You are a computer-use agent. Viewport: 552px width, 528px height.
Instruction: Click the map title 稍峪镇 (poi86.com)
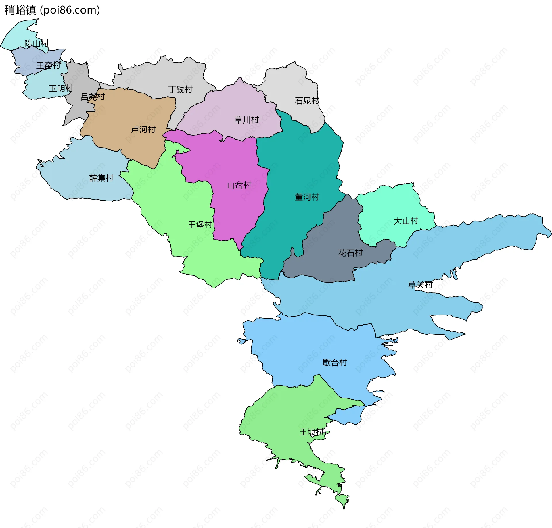pyautogui.click(x=52, y=10)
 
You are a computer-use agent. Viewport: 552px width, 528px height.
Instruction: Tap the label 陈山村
pyautogui.click(x=37, y=43)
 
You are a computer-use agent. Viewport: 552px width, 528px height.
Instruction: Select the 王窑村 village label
pyautogui.click(x=48, y=65)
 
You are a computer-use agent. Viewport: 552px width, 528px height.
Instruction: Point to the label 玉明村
pyautogui.click(x=61, y=88)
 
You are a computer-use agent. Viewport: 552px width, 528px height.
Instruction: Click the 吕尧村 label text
pyautogui.click(x=93, y=97)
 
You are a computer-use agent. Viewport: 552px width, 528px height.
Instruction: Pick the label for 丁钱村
pyautogui.click(x=180, y=89)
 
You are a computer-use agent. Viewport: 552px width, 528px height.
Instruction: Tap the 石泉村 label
pyautogui.click(x=307, y=101)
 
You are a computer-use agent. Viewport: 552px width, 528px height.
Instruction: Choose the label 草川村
pyautogui.click(x=247, y=120)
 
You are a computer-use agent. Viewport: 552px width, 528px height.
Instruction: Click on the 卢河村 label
pyautogui.click(x=143, y=130)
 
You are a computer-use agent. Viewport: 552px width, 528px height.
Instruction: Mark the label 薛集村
pyautogui.click(x=101, y=178)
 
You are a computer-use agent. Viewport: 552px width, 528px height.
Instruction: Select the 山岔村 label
pyautogui.click(x=239, y=185)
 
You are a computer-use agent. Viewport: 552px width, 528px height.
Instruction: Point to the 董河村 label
pyautogui.click(x=307, y=197)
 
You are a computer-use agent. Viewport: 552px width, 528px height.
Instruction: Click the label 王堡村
pyautogui.click(x=200, y=225)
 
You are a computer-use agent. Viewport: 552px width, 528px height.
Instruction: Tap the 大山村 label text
pyautogui.click(x=406, y=221)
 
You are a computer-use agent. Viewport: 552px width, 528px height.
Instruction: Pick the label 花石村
pyautogui.click(x=350, y=253)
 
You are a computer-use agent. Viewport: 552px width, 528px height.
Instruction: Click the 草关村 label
pyautogui.click(x=420, y=285)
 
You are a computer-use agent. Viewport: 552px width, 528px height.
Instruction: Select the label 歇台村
pyautogui.click(x=335, y=363)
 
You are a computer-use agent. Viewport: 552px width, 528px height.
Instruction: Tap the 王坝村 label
pyautogui.click(x=311, y=432)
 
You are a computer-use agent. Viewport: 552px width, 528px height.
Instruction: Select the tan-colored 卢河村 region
pyautogui.click(x=121, y=115)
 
